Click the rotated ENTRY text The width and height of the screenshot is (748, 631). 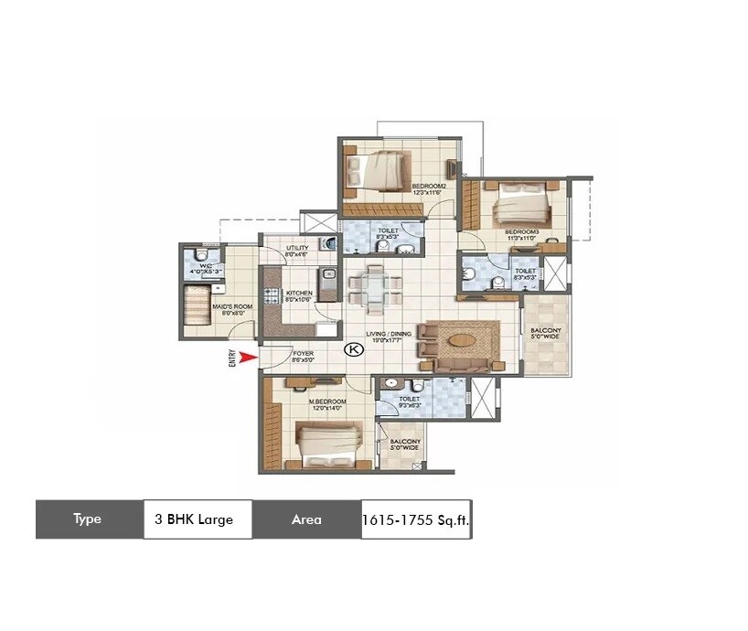point(233,358)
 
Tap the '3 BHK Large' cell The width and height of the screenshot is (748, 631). point(198,519)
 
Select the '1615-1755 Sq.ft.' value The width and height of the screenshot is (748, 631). point(416,519)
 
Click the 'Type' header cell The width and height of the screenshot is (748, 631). point(89,519)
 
